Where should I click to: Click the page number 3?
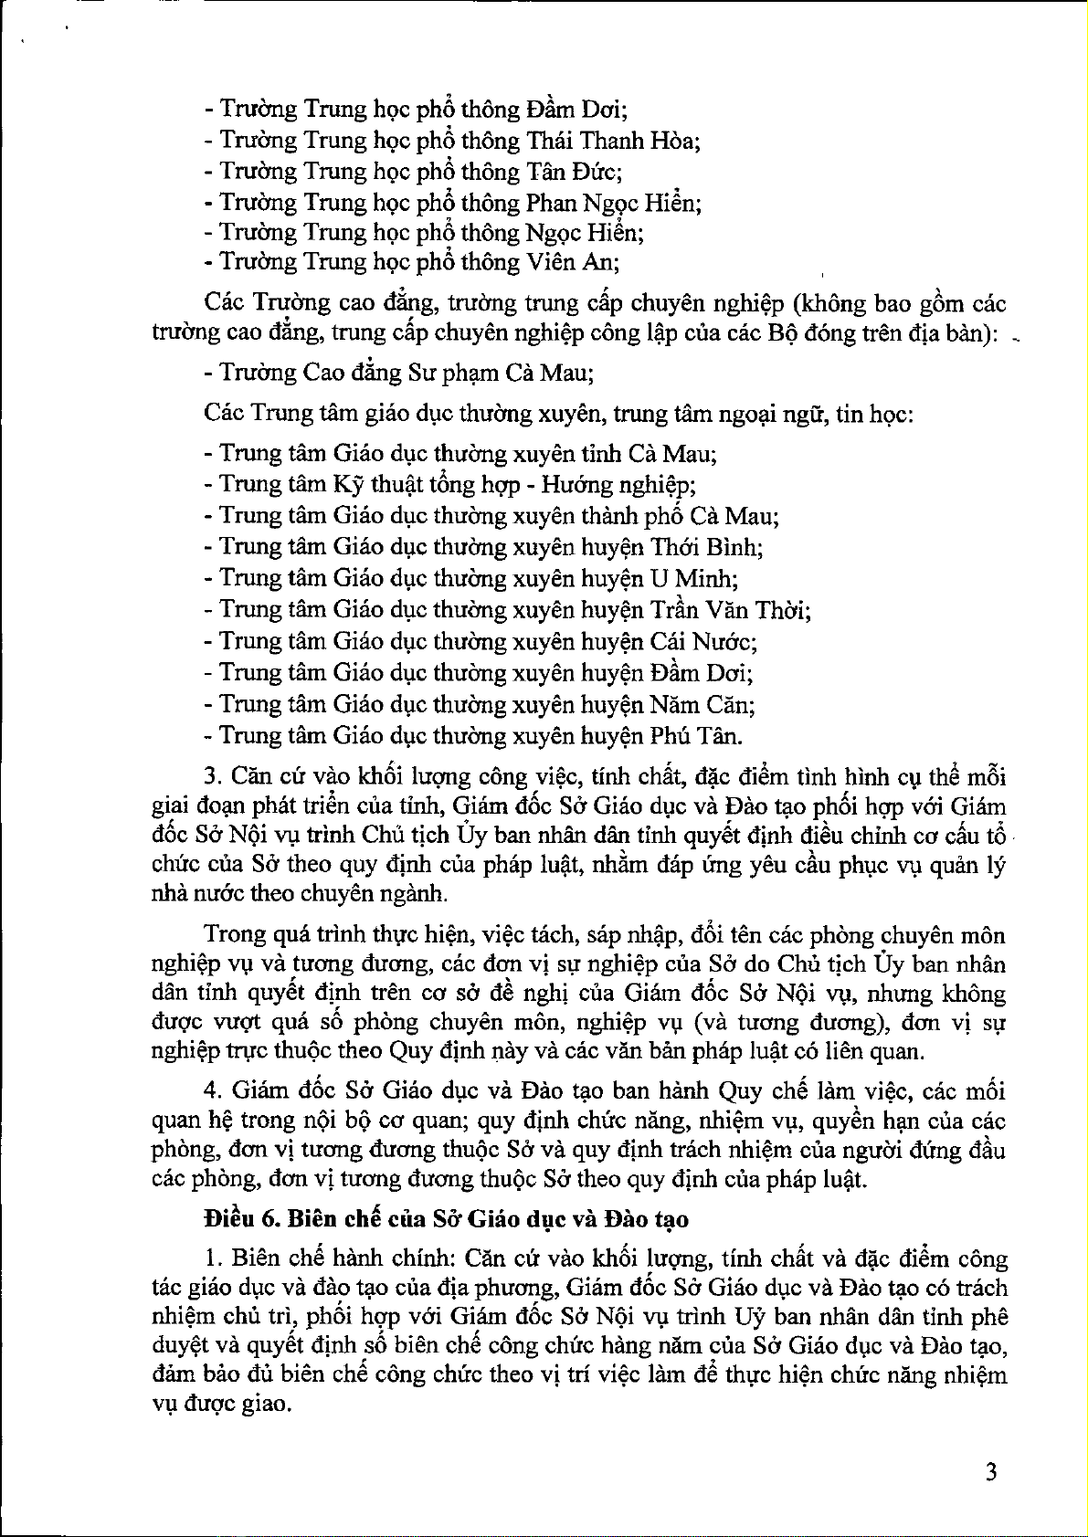tap(991, 1471)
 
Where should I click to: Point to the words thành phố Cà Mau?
tap(681, 516)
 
